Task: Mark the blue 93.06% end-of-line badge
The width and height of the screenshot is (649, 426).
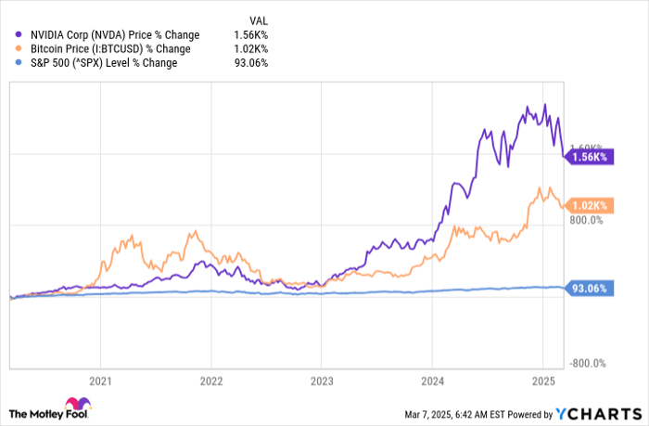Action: coord(588,289)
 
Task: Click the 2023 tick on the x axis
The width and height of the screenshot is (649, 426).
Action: coord(321,380)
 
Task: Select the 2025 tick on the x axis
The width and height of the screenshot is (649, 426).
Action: coord(542,380)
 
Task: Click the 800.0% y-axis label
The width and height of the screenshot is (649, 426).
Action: coord(588,221)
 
